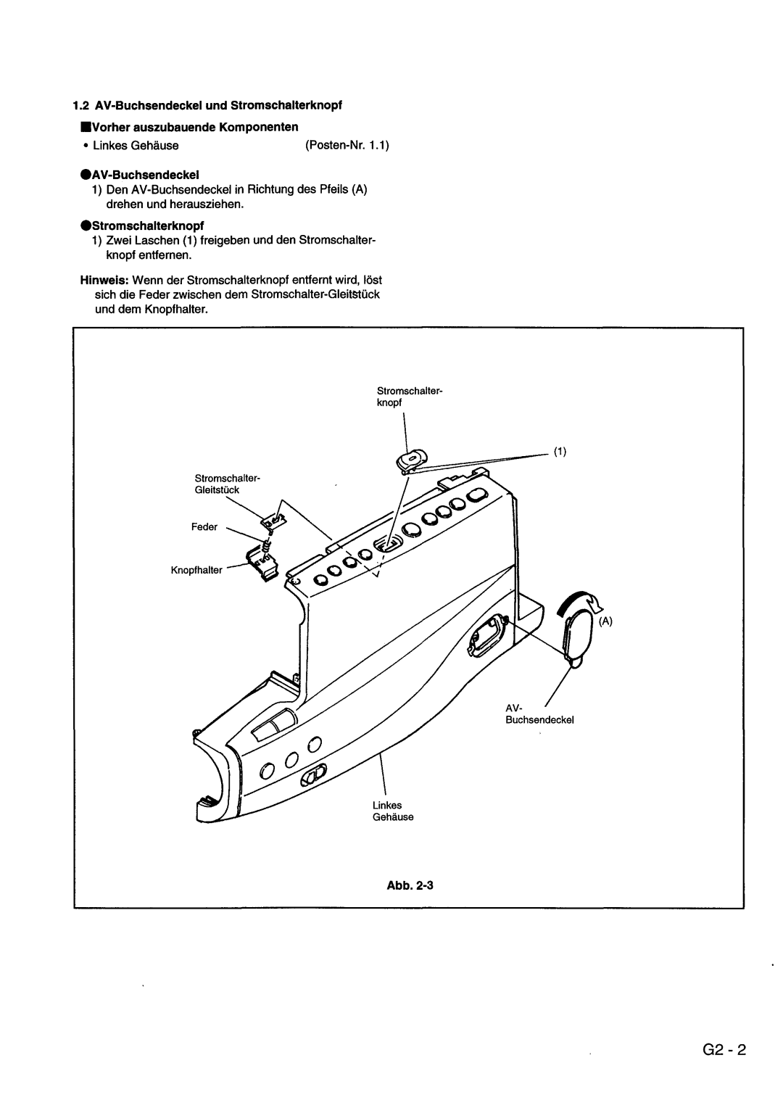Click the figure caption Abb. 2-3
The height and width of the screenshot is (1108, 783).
click(x=410, y=885)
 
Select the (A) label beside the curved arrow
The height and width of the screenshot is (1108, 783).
click(x=605, y=621)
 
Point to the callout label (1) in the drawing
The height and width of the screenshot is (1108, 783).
click(x=560, y=452)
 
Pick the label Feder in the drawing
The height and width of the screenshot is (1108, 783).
click(x=204, y=527)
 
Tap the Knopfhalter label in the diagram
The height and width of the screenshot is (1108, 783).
click(x=196, y=571)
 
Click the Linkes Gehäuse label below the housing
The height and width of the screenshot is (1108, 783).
click(x=393, y=811)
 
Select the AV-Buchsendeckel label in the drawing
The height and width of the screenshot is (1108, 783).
click(x=539, y=714)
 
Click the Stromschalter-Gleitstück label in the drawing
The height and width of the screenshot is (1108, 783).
click(x=227, y=484)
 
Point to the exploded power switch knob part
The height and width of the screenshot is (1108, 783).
click(x=412, y=460)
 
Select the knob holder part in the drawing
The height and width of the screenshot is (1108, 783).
click(x=262, y=563)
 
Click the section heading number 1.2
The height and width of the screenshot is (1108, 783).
click(x=80, y=105)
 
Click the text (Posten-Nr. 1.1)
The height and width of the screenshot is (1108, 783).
click(x=347, y=146)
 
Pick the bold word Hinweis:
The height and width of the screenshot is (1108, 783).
click(x=104, y=280)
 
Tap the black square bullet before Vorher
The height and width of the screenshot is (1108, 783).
click(x=85, y=127)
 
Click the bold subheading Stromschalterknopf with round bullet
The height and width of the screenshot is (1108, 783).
click(x=142, y=226)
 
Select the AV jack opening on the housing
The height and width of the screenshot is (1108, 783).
click(x=487, y=636)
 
